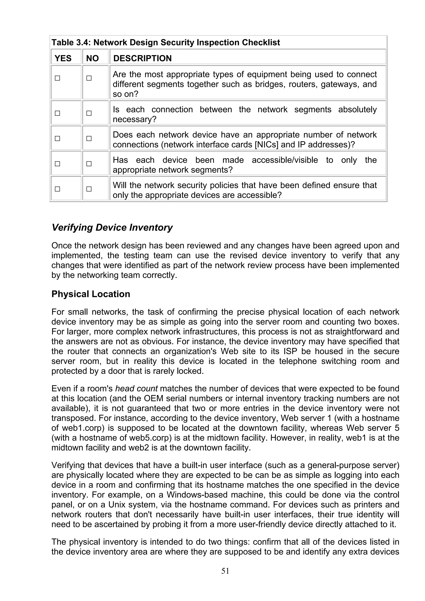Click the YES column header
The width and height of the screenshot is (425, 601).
point(63,58)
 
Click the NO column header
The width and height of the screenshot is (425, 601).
point(92,58)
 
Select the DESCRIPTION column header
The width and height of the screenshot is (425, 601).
point(142,58)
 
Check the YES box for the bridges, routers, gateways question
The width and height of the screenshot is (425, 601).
point(57,78)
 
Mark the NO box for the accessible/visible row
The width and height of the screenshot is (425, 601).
point(89,164)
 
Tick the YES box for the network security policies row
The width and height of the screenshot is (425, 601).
point(57,189)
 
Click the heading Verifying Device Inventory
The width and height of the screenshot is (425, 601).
point(112,228)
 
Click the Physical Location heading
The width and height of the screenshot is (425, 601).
point(91,294)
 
